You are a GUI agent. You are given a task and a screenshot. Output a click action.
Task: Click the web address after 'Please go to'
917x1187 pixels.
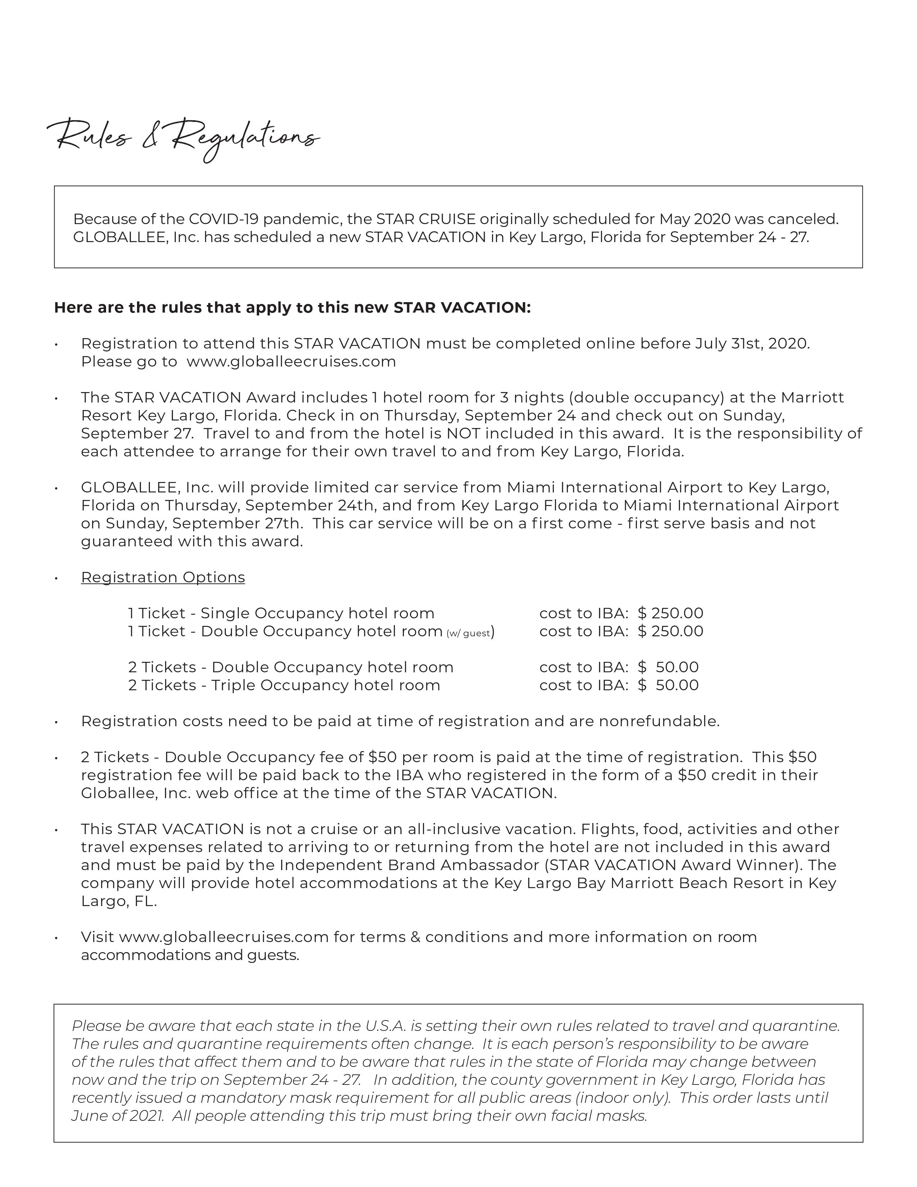291,361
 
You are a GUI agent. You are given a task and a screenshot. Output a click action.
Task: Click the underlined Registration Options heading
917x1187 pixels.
163,577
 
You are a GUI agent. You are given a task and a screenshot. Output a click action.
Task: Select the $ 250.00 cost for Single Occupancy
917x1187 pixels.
670,613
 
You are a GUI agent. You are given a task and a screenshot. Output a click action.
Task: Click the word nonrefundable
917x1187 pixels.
659,721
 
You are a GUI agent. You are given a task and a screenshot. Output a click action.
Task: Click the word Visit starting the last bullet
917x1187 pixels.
98,937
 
